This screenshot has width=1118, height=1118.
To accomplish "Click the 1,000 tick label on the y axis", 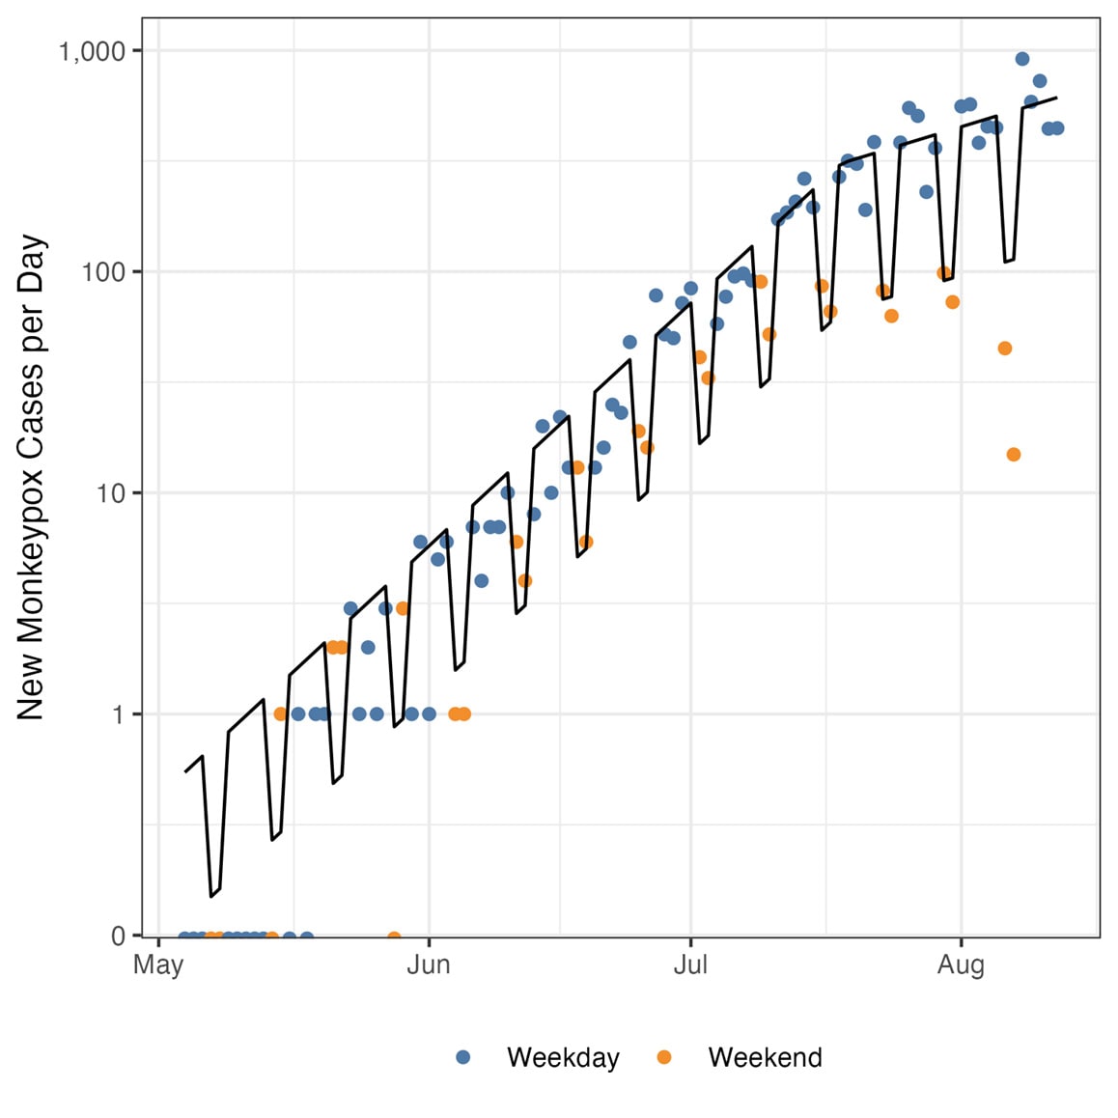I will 93,51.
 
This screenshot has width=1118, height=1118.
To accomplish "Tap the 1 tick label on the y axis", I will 118,714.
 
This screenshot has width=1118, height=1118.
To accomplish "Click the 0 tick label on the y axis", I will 118,936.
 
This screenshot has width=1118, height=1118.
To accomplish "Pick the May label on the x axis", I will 158,965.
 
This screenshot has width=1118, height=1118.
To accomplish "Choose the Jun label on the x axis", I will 429,965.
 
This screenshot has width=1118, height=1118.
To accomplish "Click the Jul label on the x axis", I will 690,965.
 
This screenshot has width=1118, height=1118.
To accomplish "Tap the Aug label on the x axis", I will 961,965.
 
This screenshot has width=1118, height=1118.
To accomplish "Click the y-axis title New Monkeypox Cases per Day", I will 31,478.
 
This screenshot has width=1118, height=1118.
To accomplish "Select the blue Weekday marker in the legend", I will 463,1057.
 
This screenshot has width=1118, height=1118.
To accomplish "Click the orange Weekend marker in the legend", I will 664,1057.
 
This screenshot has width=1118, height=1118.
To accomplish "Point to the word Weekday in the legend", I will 563,1057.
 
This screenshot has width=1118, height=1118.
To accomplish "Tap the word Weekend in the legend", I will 765,1057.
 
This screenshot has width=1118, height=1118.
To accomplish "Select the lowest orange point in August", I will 1014,455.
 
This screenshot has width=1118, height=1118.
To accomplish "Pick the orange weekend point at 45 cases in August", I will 1005,349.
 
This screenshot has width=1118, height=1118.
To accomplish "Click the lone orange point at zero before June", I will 394,937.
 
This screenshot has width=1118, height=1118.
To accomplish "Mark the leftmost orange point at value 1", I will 281,714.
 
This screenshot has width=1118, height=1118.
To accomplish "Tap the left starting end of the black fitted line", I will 185,771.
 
